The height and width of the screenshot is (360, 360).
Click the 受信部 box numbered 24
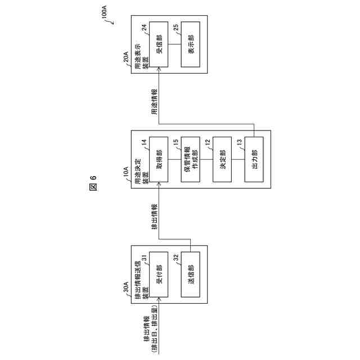159,45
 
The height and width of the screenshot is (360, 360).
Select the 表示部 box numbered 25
191,45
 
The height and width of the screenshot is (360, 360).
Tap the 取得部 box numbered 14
159,159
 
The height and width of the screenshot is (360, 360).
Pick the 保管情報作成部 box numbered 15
191,159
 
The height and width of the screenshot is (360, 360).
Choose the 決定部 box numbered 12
222,159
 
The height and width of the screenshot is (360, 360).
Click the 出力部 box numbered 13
254,159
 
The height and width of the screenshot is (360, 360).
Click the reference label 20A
127,58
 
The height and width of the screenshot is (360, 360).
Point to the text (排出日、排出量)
154,326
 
